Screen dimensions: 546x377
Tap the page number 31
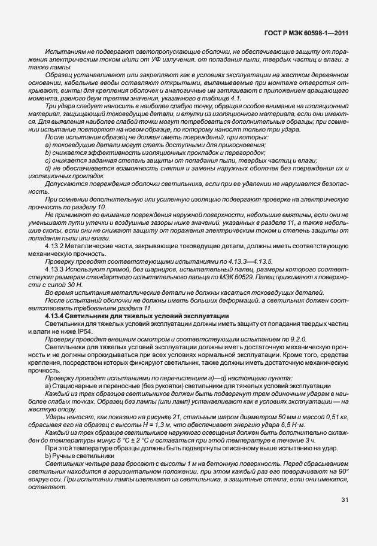pyautogui.click(x=345, y=516)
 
